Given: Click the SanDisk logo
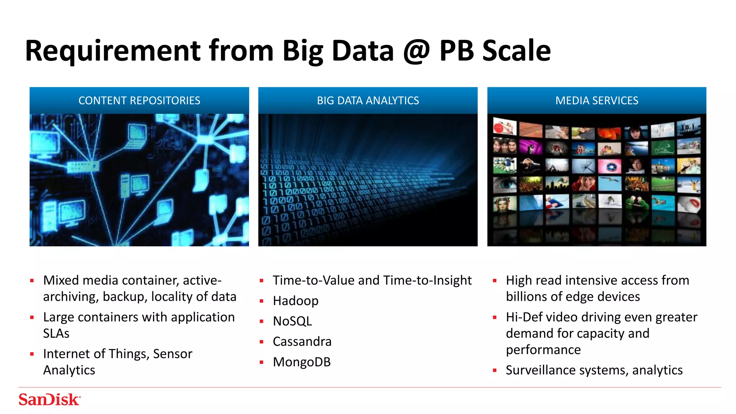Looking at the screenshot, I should [50, 400].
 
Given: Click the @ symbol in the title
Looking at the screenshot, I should [416, 51].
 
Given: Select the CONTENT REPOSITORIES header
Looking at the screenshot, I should [139, 101].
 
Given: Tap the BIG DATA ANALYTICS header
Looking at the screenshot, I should [368, 101].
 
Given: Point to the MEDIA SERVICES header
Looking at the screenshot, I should [597, 101].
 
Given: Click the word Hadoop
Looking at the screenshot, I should [295, 301].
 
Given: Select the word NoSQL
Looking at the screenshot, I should [292, 321].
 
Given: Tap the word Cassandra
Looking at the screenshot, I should [302, 342].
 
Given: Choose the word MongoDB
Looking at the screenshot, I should [302, 362].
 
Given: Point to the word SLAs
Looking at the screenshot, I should [56, 333].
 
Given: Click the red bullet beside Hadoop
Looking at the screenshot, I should [262, 301].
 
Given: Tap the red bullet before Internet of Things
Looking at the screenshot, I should [32, 354].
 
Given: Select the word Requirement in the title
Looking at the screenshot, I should [112, 51].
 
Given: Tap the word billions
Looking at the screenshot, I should [526, 297].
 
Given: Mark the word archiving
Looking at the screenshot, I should [70, 297].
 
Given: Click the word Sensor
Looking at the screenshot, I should [172, 354].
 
